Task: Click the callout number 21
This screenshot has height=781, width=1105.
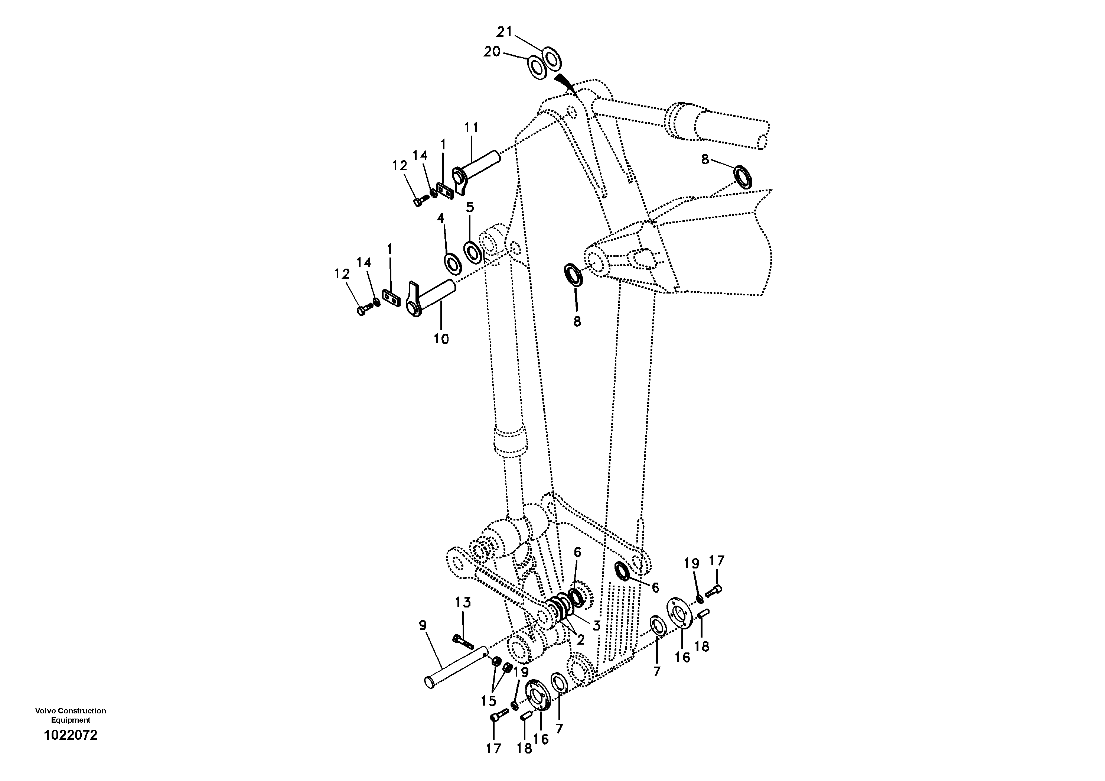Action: click(x=504, y=32)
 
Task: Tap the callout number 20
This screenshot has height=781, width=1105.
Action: click(x=492, y=52)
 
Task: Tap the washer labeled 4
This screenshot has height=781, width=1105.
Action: click(x=452, y=263)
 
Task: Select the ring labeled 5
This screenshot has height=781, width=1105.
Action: click(x=473, y=251)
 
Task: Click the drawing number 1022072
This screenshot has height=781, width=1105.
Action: click(x=71, y=735)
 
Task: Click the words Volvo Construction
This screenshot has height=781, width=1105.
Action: click(x=71, y=711)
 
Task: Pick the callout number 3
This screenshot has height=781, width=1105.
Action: click(x=596, y=626)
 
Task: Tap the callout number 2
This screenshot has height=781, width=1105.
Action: click(x=580, y=639)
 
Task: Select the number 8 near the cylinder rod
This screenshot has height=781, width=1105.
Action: click(x=705, y=159)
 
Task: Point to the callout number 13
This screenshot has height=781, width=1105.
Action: click(x=463, y=602)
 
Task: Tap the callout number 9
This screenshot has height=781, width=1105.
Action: click(x=423, y=625)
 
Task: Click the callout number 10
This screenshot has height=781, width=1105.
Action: click(x=441, y=339)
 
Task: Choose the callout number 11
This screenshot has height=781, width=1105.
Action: click(x=471, y=127)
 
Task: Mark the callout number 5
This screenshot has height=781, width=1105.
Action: click(x=470, y=208)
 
